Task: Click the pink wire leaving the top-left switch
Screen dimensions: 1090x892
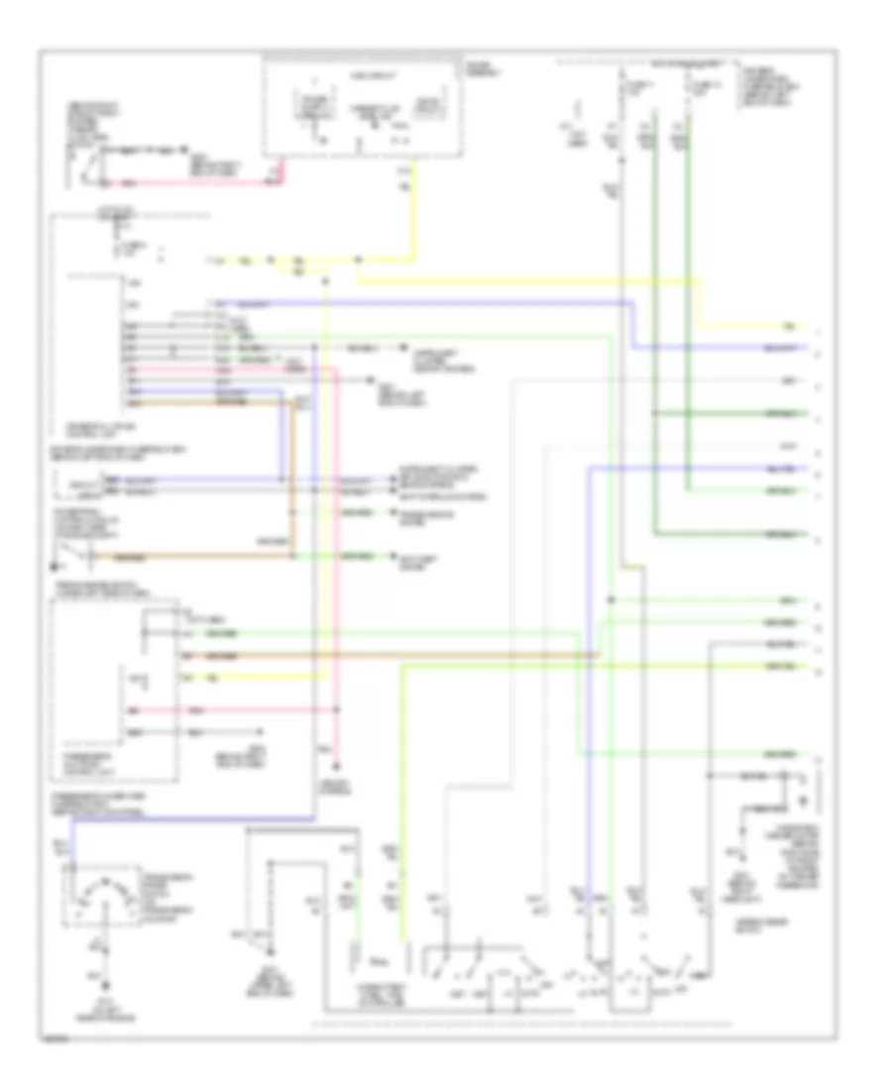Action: pyautogui.click(x=198, y=185)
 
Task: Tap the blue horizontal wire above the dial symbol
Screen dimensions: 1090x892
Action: pyautogui.click(x=188, y=818)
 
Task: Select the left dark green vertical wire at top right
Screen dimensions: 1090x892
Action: pyautogui.click(x=653, y=297)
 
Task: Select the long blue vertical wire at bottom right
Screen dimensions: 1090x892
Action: pyautogui.click(x=588, y=694)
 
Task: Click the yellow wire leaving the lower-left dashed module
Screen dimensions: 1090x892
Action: pyautogui.click(x=258, y=677)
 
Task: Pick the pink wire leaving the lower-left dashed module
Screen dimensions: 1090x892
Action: pyautogui.click(x=258, y=710)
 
